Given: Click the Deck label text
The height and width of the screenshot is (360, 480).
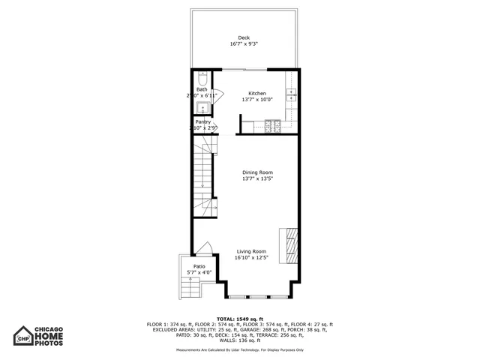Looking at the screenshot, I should [244, 38].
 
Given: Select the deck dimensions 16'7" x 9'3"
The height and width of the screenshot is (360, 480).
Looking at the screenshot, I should [244, 44].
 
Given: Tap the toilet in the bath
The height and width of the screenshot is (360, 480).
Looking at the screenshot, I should [202, 79].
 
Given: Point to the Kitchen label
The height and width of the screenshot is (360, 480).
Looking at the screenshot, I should [257, 94].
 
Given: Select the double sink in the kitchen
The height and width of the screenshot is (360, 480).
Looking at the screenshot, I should [292, 94].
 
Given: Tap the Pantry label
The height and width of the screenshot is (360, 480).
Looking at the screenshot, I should [202, 122].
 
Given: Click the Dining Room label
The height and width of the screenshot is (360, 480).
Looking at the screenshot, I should [256, 172].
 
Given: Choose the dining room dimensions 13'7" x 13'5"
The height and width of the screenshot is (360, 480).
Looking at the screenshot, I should [256, 179].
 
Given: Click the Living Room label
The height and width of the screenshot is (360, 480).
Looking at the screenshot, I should [252, 251].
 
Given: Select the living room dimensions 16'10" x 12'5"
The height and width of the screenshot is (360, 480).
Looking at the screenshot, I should [252, 258].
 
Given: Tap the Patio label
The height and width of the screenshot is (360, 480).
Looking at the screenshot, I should [199, 266].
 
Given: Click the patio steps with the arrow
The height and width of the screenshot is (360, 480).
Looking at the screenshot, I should [190, 287].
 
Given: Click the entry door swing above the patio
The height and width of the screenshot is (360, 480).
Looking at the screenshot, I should [201, 248].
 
